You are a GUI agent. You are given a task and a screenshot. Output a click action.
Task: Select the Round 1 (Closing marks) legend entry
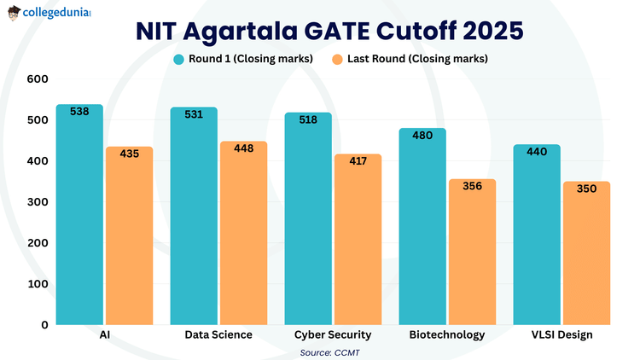click(242, 59)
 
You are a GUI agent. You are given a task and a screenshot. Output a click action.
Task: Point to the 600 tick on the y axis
click(37, 79)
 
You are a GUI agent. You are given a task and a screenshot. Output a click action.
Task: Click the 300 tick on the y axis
click(37, 202)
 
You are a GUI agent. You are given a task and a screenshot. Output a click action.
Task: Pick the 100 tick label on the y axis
click(37, 284)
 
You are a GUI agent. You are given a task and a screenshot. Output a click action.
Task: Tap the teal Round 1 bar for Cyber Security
click(308, 218)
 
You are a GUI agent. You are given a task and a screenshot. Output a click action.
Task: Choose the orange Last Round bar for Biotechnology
click(472, 252)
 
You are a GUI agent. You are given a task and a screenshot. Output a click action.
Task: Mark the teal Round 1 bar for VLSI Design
click(537, 235)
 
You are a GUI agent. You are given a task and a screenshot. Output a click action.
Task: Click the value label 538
click(79, 111)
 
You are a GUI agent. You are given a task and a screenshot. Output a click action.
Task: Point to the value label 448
click(243, 148)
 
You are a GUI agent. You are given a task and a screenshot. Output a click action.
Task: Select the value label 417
click(358, 161)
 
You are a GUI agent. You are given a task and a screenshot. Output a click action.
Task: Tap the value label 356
click(472, 186)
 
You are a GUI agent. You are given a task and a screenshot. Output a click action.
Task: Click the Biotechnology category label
click(448, 334)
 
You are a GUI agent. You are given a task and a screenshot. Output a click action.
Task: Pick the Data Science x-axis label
click(218, 334)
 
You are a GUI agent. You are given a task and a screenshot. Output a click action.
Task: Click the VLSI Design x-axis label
click(561, 334)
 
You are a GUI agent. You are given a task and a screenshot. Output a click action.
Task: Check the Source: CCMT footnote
click(329, 351)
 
